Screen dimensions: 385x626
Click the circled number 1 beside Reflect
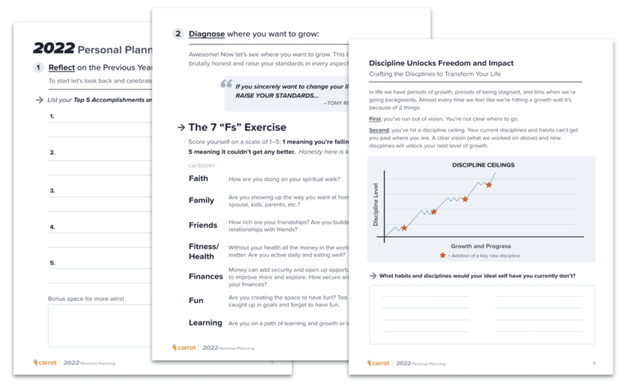point(39,68)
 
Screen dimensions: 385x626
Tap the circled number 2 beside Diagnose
point(178,34)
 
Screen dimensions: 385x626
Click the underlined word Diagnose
point(207,34)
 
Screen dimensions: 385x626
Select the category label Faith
point(199,178)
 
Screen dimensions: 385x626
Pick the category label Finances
point(205,276)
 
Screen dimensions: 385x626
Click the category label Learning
point(205,323)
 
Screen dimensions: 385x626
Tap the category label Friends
point(203,225)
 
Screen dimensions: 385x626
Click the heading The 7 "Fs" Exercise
point(237,127)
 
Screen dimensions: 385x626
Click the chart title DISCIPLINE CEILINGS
point(483,165)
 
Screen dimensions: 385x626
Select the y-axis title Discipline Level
point(376,205)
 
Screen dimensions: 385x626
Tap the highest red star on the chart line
point(489,185)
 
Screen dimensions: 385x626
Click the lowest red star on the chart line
point(403,227)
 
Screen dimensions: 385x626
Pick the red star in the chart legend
point(443,255)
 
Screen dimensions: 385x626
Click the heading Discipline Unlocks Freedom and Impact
point(441,63)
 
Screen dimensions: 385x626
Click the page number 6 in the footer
point(594,364)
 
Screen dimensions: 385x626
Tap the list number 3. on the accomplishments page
point(53,190)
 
